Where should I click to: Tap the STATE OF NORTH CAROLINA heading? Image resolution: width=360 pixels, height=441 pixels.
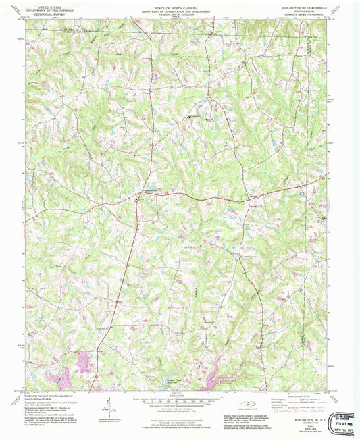[180, 3]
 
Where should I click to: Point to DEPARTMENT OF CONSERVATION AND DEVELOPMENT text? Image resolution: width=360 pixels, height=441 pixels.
[180, 7]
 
